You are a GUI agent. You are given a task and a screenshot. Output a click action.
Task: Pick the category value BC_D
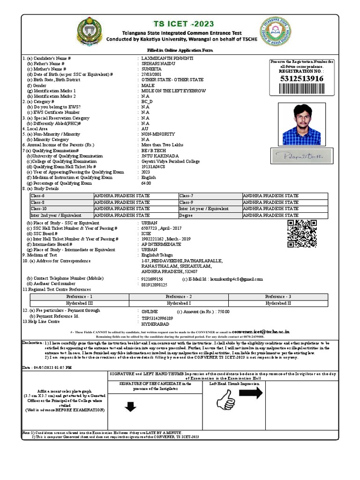click(147, 101)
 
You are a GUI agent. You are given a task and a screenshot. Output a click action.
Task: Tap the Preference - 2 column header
click(179, 297)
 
